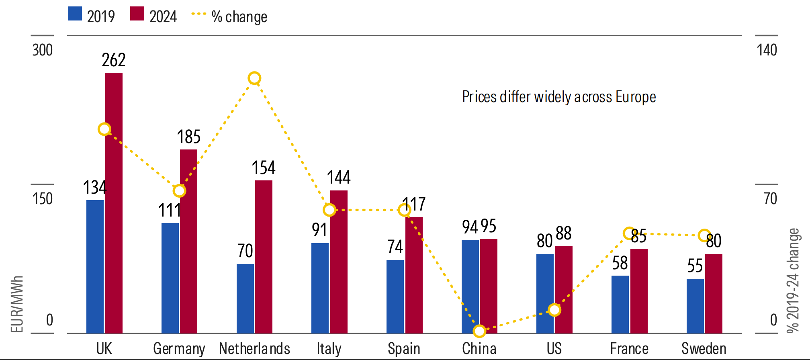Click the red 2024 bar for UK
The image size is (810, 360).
coord(114,203)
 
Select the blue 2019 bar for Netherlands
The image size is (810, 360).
coord(245,298)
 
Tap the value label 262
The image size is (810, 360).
coord(114,60)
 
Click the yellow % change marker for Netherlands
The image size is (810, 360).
coord(254,78)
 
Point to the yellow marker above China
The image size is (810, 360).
coord(479,331)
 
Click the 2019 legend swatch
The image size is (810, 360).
coord(75,14)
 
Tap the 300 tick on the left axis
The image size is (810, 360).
coord(43,50)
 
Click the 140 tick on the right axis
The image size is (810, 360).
coord(767,50)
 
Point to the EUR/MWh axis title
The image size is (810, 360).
coord(16,304)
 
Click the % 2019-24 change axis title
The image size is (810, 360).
coord(793,280)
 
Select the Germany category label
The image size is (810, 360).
coord(179,348)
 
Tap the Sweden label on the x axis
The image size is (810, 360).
coord(704,348)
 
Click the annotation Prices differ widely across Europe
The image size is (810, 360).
coord(558,97)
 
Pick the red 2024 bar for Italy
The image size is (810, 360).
coord(339,262)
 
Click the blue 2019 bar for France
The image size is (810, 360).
coord(620,304)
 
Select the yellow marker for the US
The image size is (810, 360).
coord(554,310)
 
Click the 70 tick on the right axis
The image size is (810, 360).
coord(770,199)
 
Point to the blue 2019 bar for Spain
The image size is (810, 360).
coord(395,296)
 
